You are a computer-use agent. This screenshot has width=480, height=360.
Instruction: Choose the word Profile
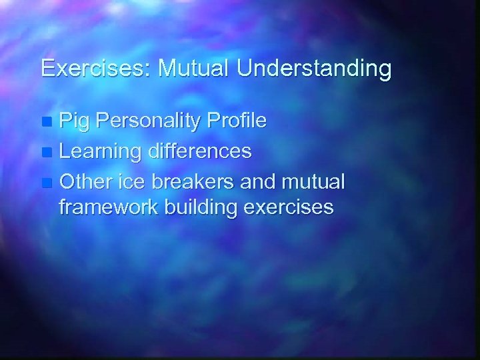coord(238,121)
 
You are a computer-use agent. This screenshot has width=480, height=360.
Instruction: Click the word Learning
coord(101,152)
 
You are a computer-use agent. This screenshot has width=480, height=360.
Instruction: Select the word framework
coord(106,207)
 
